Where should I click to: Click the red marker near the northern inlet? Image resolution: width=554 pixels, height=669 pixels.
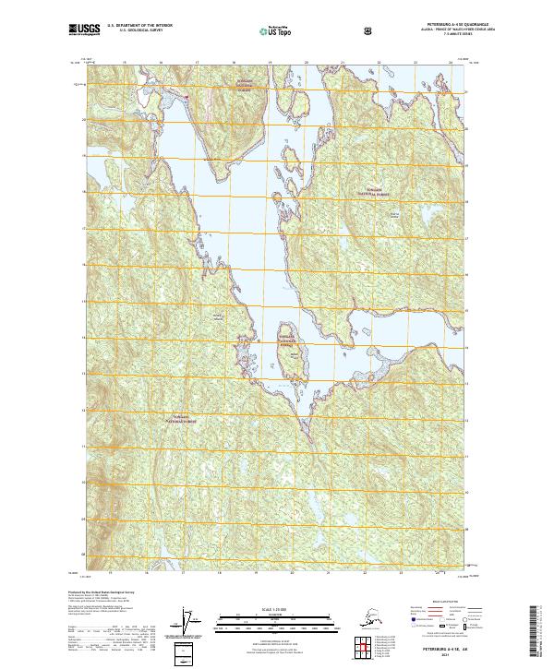(x=187, y=94)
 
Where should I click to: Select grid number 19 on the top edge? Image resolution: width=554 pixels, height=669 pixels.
(x=270, y=64)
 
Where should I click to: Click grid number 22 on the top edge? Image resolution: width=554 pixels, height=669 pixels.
(x=379, y=64)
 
